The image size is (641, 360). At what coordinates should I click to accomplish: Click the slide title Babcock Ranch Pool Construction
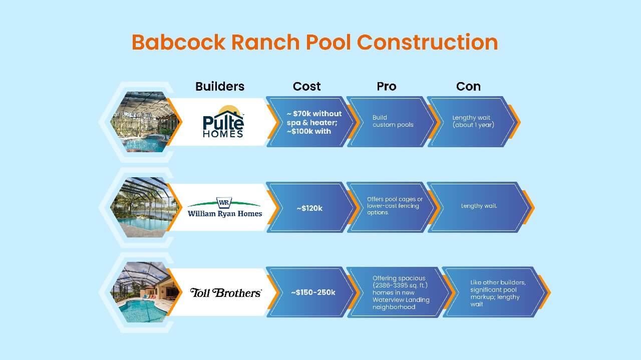coord(314,43)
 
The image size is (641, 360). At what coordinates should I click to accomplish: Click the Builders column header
coord(220,87)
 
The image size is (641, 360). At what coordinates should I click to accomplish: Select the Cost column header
coord(306,87)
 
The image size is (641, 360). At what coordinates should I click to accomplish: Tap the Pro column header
coord(386,87)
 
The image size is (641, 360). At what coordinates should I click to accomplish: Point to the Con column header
coord(468,87)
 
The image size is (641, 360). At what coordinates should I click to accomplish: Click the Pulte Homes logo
coord(223,122)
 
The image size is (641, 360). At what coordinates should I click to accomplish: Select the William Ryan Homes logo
coord(224,207)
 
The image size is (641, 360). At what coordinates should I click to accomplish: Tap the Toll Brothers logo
coord(225,292)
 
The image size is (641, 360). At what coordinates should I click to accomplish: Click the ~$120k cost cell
coord(309,208)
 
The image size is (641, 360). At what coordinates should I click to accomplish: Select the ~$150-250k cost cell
coord(313,292)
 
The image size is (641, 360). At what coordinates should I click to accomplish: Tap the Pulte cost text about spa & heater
coord(313,122)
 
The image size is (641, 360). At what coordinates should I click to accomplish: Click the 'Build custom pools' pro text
coord(393,121)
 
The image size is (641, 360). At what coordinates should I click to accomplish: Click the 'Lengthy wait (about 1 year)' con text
coord(473,121)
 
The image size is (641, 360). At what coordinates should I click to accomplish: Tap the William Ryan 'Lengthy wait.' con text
coord(479,206)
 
